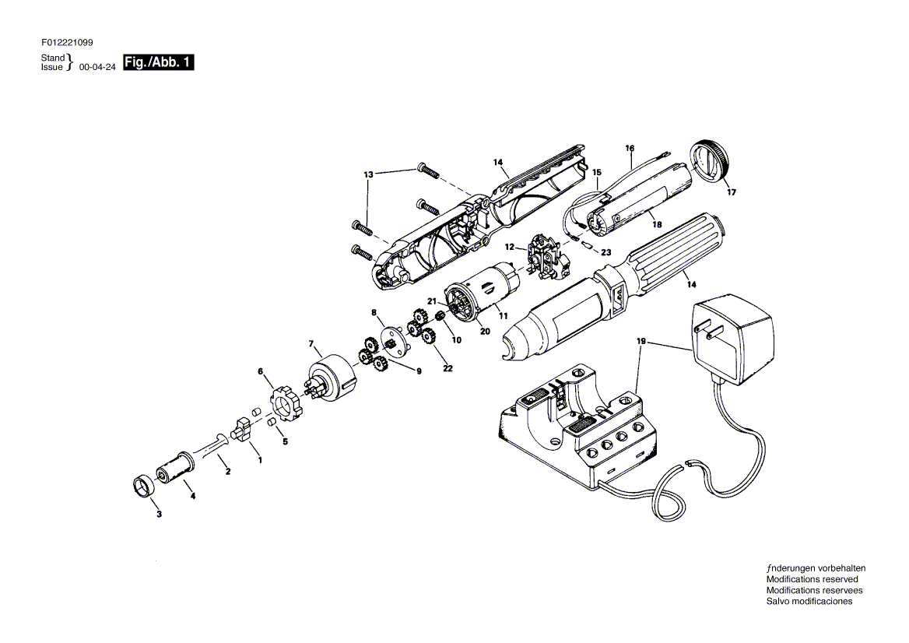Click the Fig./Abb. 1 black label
click(158, 62)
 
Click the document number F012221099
click(67, 42)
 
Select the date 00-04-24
click(97, 67)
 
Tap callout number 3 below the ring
click(160, 515)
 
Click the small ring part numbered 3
click(141, 486)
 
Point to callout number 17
click(732, 192)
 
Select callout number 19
click(641, 342)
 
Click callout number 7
click(311, 344)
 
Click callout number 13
click(369, 174)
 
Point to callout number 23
click(605, 252)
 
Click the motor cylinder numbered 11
click(483, 294)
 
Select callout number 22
click(447, 368)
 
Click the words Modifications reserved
click(812, 579)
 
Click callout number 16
click(630, 149)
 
